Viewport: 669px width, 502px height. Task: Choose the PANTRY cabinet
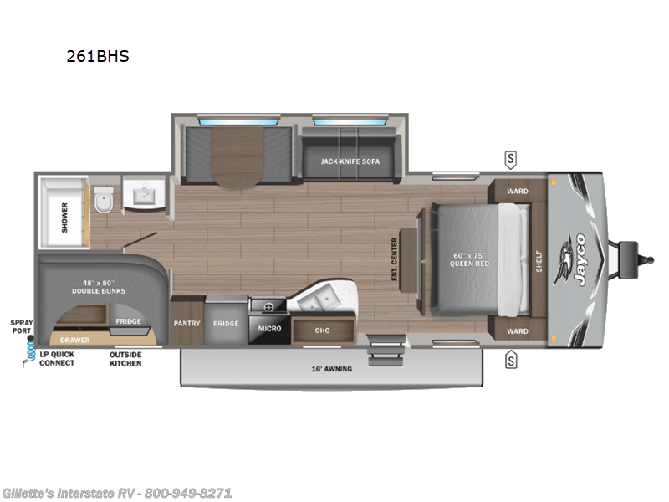(x=186, y=323)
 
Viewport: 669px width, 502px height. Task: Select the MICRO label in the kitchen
(x=269, y=328)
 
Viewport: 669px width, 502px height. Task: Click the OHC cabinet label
(x=322, y=330)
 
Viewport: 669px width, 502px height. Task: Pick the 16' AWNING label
(x=333, y=368)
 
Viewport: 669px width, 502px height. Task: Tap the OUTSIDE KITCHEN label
(x=125, y=358)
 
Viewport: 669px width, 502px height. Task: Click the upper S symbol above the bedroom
(x=510, y=159)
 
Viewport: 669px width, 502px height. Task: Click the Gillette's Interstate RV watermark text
(x=117, y=493)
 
